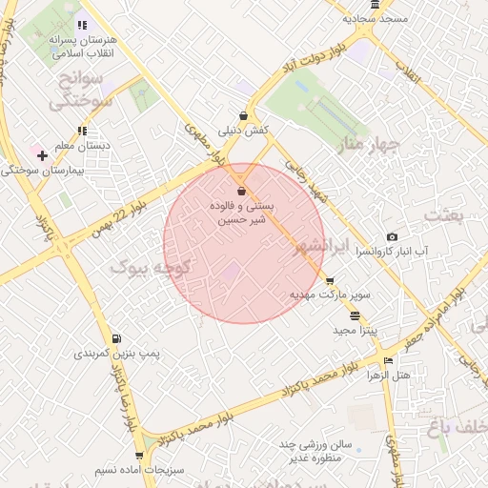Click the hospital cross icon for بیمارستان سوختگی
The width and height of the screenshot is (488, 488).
pos(42,154)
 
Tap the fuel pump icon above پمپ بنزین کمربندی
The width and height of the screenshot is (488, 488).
pos(116,338)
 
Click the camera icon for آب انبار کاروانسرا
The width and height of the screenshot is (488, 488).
pos(392,236)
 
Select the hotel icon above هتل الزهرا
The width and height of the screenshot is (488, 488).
pos(388,360)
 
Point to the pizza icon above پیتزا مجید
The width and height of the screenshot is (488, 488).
pos(356,315)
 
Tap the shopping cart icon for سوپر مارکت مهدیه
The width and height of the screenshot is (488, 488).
pos(330,281)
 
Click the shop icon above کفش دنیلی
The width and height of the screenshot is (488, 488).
pos(243,115)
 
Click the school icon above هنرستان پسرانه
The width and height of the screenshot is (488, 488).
pos(82,25)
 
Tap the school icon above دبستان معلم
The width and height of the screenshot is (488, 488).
pos(82,131)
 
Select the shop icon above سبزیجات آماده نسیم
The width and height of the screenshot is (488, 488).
pos(139,456)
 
